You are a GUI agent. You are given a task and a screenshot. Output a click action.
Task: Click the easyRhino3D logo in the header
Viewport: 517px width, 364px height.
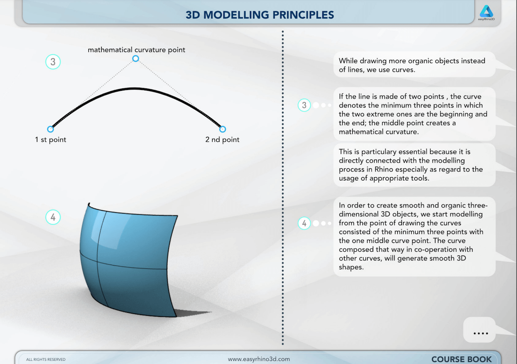[486, 13]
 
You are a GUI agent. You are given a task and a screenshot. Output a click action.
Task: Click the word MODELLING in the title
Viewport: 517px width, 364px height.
[236, 15]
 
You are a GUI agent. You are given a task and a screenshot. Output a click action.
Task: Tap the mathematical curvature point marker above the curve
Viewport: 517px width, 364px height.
[135, 59]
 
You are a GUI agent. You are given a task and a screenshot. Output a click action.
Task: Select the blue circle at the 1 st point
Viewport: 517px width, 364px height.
[50, 129]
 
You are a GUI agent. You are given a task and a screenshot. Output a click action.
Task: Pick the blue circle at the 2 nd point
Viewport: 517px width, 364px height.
[223, 129]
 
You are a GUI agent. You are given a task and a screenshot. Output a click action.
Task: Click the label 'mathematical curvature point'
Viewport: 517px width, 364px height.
[137, 50]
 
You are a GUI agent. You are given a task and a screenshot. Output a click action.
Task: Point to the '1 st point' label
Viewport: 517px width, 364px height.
[50, 140]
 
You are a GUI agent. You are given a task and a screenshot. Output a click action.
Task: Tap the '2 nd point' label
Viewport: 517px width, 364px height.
[222, 140]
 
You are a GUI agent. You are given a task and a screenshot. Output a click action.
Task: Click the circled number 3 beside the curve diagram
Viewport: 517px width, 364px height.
[53, 62]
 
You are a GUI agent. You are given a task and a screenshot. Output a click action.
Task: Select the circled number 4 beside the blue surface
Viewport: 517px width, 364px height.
[53, 217]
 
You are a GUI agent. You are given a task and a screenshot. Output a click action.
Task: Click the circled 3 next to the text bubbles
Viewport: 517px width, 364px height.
[304, 105]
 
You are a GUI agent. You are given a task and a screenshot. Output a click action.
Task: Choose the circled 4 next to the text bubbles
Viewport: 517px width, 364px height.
[304, 223]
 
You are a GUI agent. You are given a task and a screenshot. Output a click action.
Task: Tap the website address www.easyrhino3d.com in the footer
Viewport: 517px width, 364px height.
[259, 359]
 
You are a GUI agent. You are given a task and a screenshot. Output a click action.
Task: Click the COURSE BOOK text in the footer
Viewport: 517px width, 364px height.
[461, 359]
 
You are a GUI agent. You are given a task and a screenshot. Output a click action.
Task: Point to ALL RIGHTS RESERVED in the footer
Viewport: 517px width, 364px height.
[46, 360]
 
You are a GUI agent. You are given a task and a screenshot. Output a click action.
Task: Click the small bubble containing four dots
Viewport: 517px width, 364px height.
[479, 330]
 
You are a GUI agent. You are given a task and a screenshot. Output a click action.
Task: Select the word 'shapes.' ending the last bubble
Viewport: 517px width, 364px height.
[351, 267]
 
